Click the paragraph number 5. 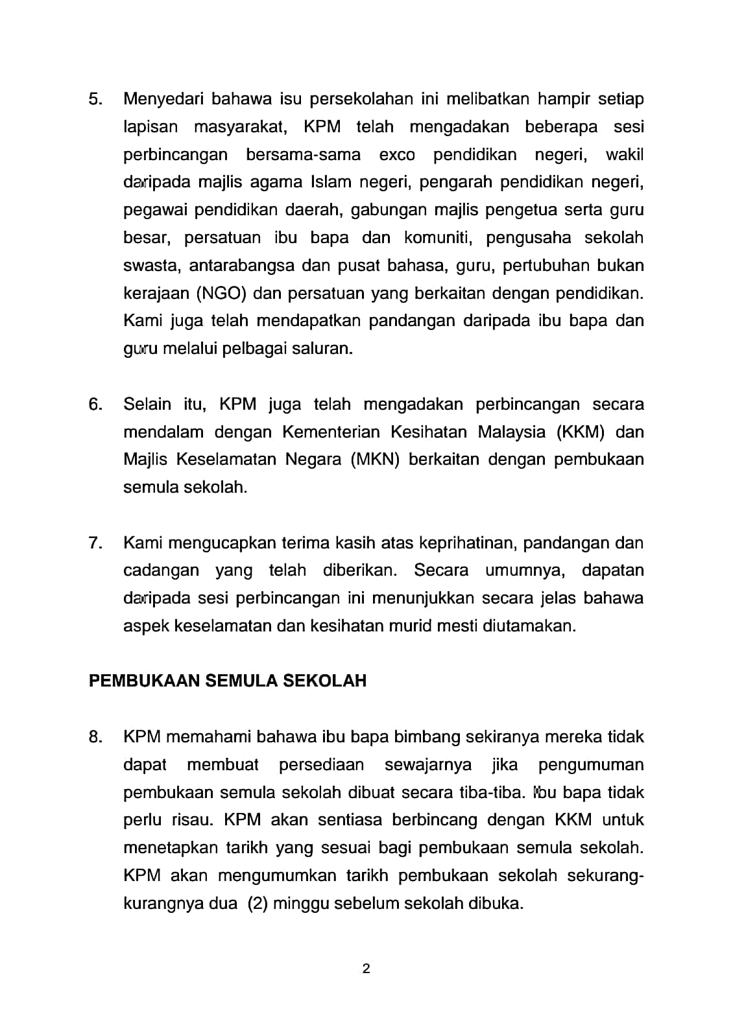click(95, 99)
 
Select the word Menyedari click(163, 99)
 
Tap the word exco click(396, 155)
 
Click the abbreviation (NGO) click(221, 293)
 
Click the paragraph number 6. click(95, 405)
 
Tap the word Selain click(149, 405)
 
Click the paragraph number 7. click(95, 543)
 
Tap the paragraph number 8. click(95, 737)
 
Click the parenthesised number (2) click(258, 904)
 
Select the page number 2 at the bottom click(366, 969)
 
